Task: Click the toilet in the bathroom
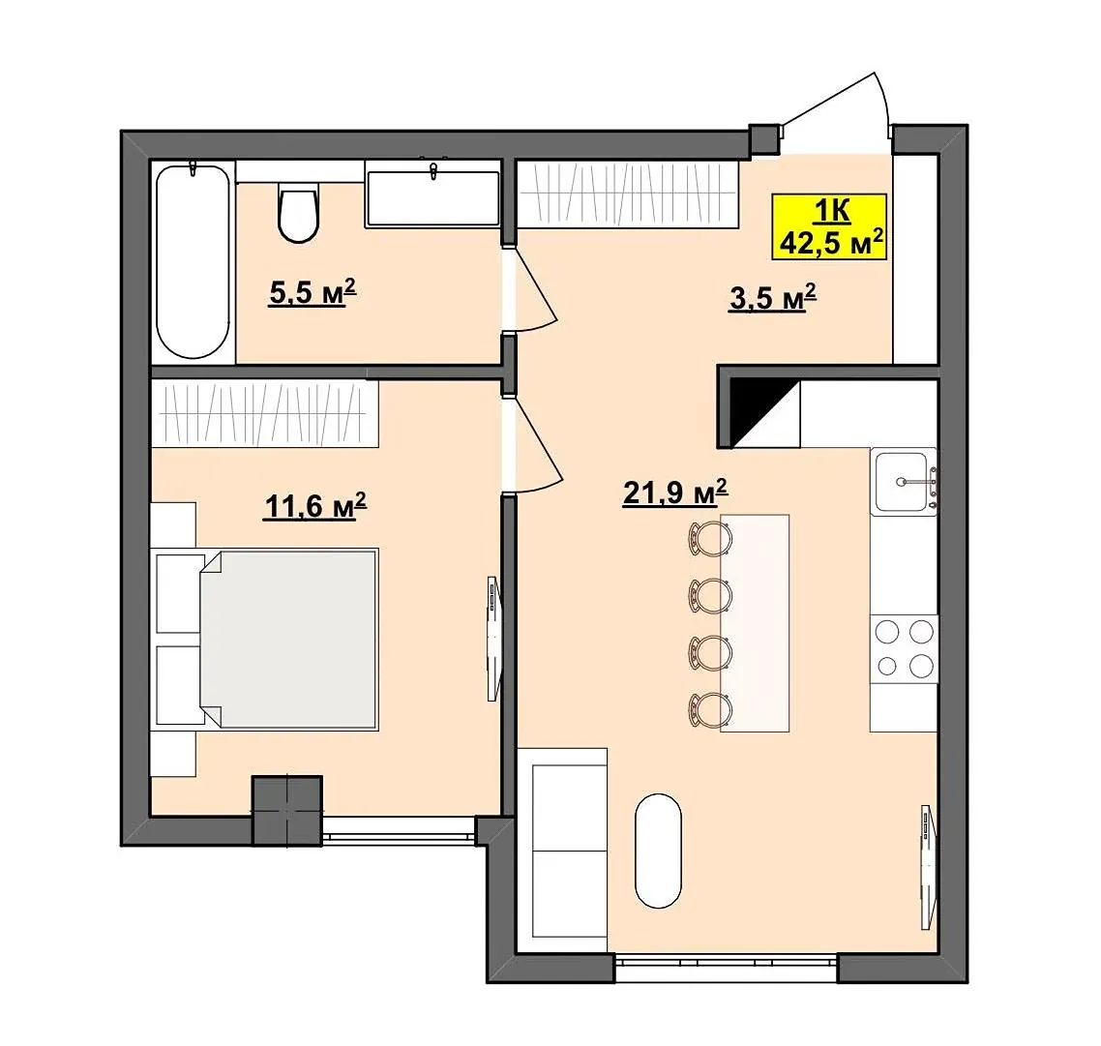coord(298,212)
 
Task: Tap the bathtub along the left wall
coord(193,260)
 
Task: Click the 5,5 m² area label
coord(312,291)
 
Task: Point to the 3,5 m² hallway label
coord(772,298)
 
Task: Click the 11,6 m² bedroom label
coord(315,505)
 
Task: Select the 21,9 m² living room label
coord(674,492)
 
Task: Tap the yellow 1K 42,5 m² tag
coord(829,226)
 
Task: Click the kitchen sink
coord(904,483)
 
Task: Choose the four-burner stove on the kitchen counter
coord(904,648)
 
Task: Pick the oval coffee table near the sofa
coord(658,851)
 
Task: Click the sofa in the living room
coord(562,850)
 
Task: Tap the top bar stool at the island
coord(710,539)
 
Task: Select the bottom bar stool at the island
coord(710,709)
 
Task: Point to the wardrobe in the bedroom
coord(265,414)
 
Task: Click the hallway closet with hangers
coord(628,194)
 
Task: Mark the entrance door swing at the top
coord(837,112)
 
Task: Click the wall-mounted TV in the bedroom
coord(494,639)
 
